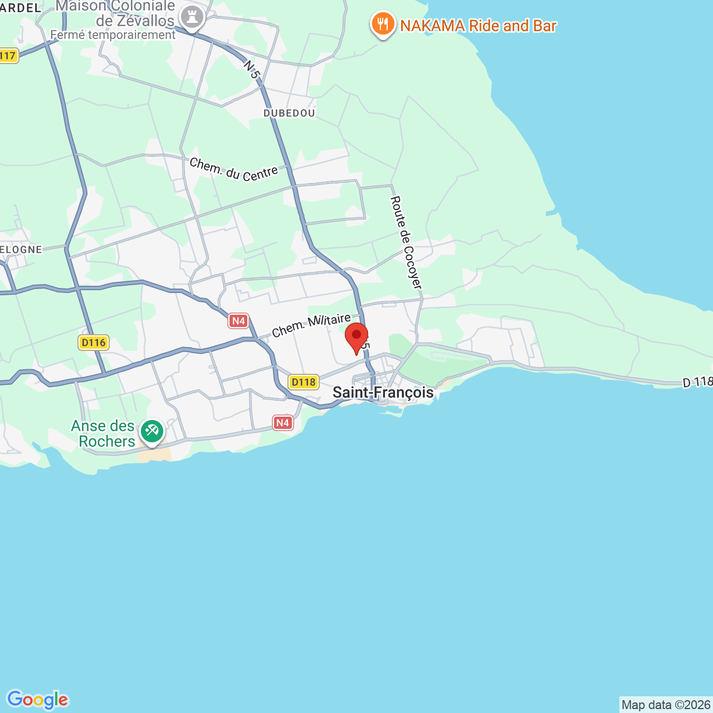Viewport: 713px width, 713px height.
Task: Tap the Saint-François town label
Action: (383, 392)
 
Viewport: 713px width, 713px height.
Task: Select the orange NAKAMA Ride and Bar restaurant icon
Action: (383, 25)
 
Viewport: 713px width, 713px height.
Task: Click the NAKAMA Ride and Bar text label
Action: (478, 26)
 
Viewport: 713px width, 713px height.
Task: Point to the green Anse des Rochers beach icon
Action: (152, 431)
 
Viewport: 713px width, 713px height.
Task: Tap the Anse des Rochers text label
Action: (104, 433)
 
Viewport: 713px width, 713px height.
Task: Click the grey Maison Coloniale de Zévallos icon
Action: (192, 18)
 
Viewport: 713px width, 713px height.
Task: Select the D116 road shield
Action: (94, 342)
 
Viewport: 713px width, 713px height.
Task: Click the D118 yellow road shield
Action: (304, 382)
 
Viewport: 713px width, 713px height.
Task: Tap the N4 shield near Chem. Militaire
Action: (238, 320)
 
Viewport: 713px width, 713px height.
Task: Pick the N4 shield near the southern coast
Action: (282, 423)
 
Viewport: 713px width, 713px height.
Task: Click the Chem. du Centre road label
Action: (233, 170)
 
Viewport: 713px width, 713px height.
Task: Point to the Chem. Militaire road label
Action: (311, 325)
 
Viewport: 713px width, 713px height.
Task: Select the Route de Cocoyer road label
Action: (406, 242)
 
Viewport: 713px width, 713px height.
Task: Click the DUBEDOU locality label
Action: (289, 113)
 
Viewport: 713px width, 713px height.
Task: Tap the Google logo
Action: (37, 700)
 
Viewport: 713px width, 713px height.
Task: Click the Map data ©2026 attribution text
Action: (666, 705)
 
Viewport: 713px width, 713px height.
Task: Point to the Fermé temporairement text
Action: (113, 35)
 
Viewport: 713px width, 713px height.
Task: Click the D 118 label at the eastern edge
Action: (697, 382)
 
